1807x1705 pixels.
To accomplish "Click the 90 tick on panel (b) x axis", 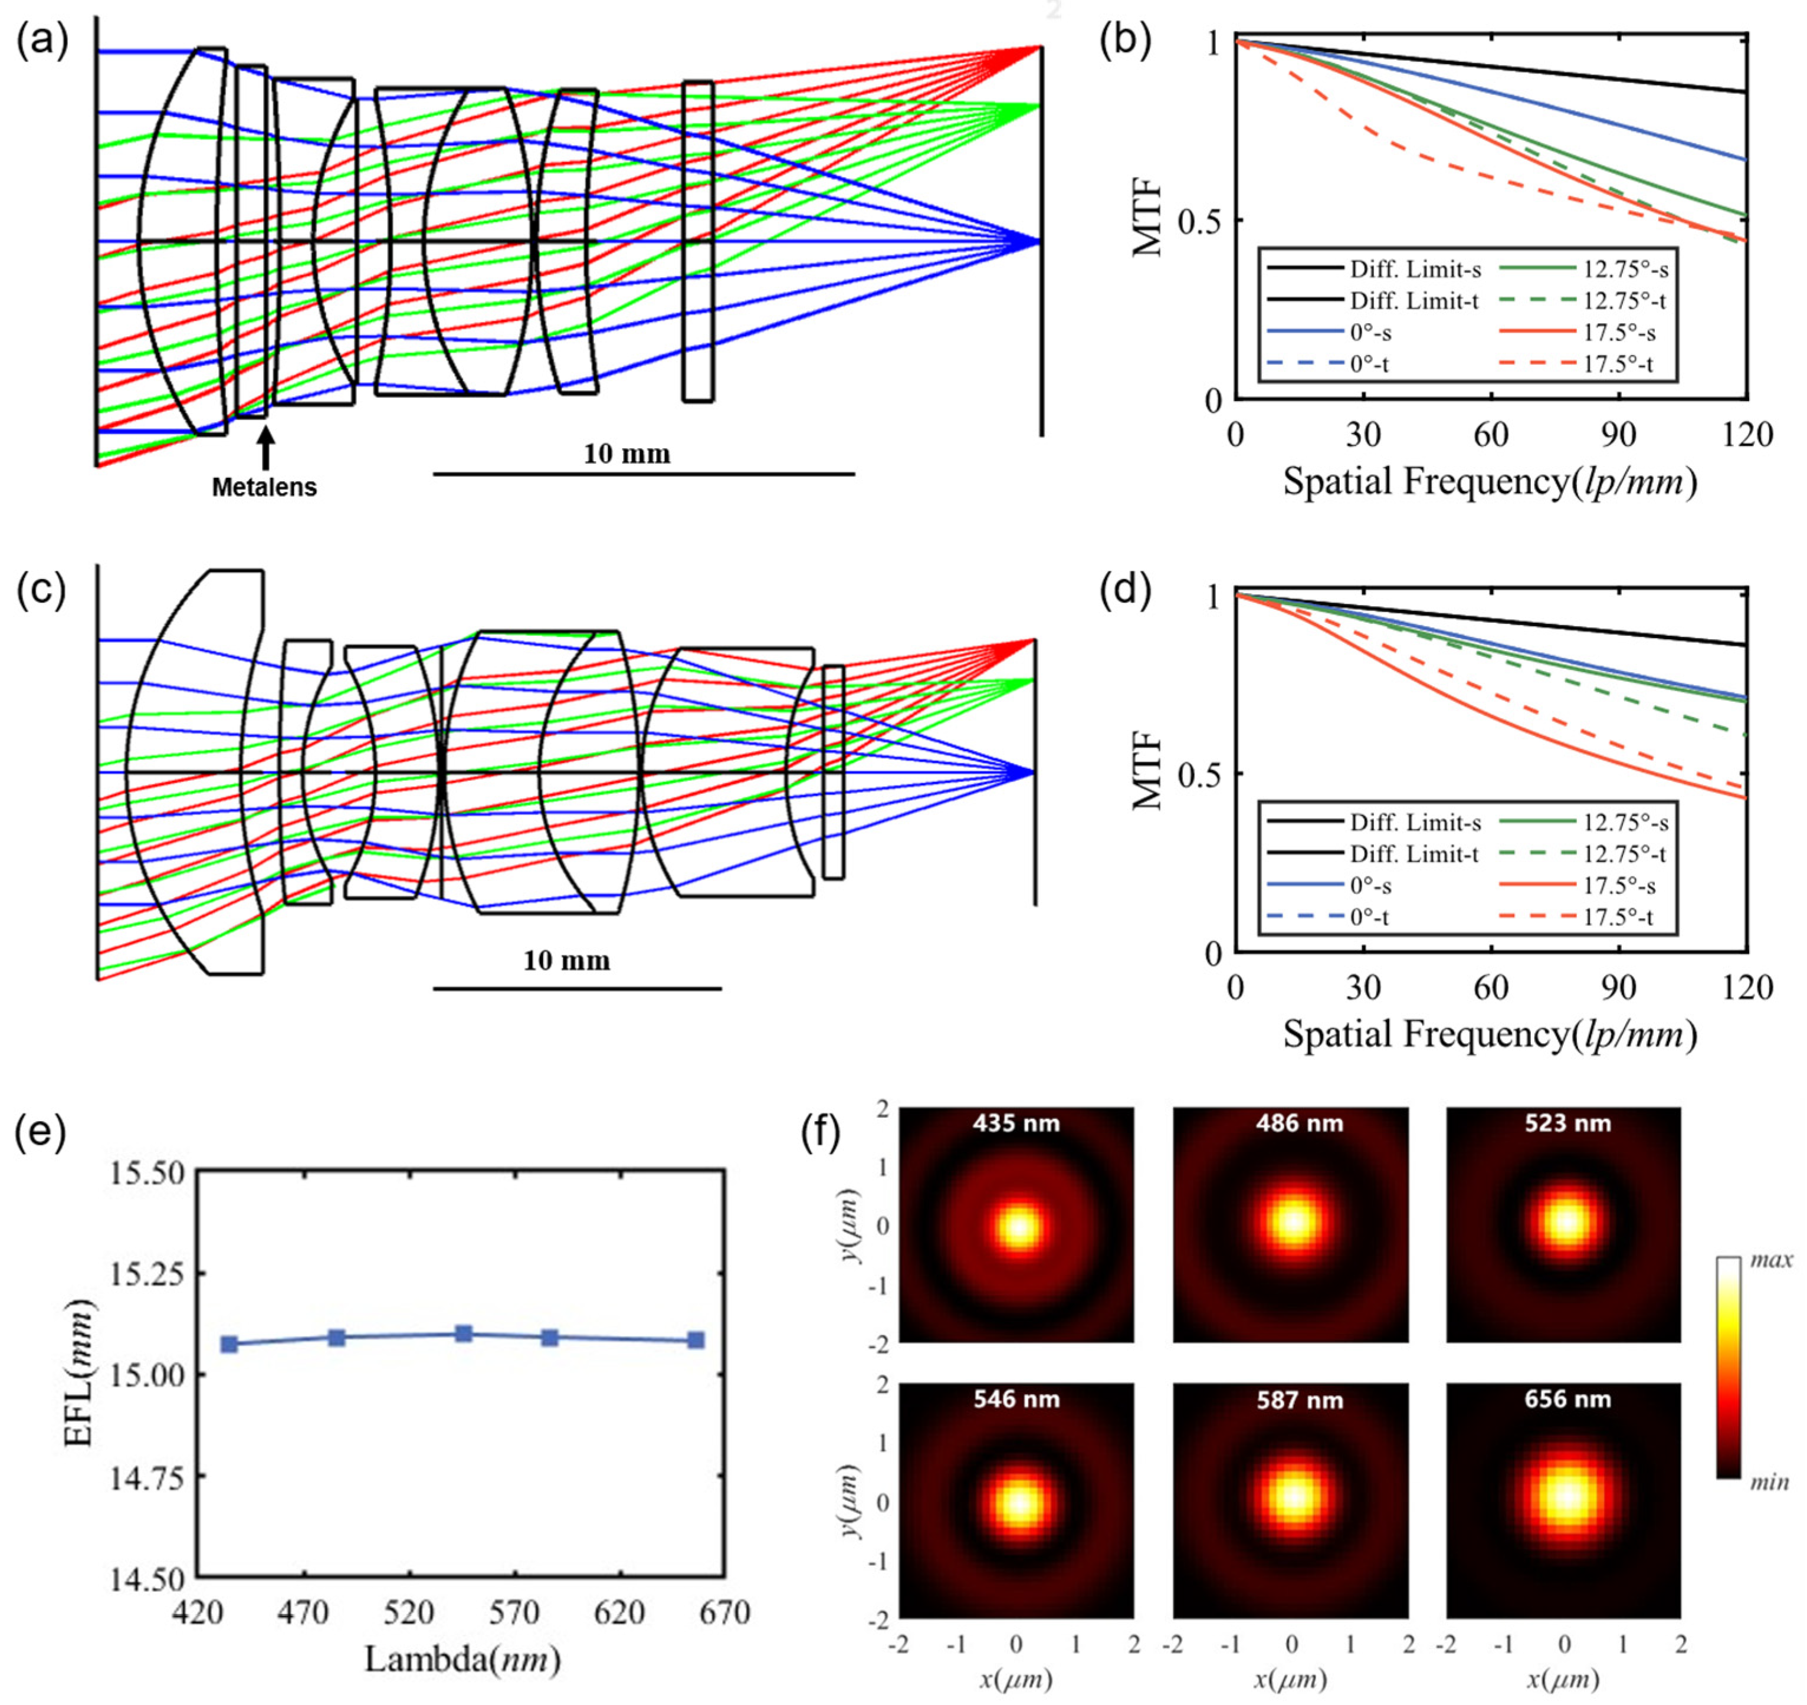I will point(1618,435).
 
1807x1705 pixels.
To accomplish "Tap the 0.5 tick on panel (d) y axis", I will point(1198,773).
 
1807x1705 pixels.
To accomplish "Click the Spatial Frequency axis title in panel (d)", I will point(1490,1034).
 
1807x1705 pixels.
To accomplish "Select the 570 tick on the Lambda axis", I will point(514,1613).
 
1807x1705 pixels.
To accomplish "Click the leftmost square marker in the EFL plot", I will point(229,1344).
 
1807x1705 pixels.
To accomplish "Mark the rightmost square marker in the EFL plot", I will point(696,1340).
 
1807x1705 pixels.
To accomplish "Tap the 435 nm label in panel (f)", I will point(1016,1123).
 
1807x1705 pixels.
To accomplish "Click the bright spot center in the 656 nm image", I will point(1565,1496).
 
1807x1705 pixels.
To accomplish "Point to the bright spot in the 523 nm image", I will point(1565,1221).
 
